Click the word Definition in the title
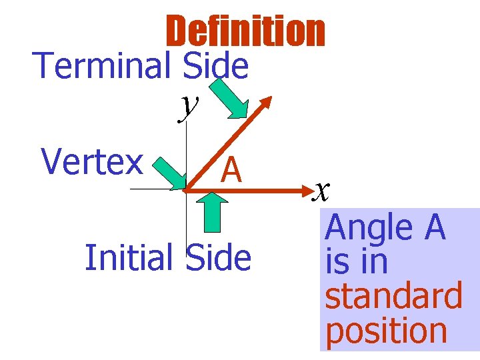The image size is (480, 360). click(245, 32)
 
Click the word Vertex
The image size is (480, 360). click(92, 162)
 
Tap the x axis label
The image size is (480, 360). click(322, 193)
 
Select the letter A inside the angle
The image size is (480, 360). click(231, 170)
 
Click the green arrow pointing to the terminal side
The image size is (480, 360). click(229, 99)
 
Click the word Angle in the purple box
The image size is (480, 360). click(369, 228)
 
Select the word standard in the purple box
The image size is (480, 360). click(393, 297)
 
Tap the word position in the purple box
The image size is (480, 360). click(387, 331)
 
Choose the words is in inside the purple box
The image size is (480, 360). click(356, 262)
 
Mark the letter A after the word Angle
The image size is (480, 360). click(433, 228)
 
